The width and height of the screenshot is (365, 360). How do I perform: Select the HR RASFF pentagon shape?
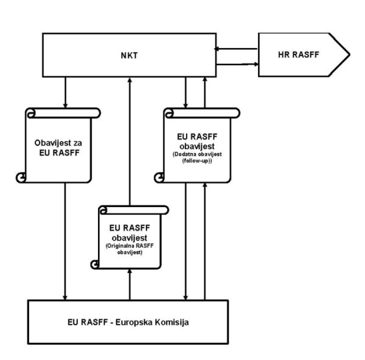pyautogui.click(x=302, y=55)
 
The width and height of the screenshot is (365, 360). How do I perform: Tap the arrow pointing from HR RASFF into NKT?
pyautogui.click(x=237, y=49)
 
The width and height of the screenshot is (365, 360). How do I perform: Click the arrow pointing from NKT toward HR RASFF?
pyautogui.click(x=237, y=62)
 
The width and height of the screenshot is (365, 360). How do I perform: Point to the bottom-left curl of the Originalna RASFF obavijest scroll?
pyautogui.click(x=94, y=264)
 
